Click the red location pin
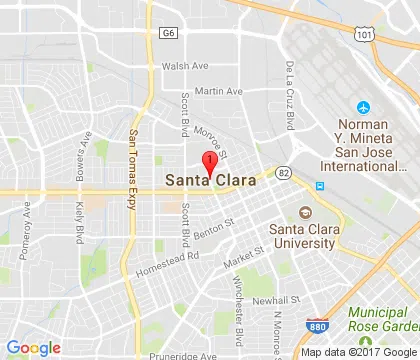point(209,163)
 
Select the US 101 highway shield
point(364,35)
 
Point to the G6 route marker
point(167,33)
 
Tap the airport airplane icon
point(360,107)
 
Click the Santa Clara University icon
point(304,212)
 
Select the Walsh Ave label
point(185,66)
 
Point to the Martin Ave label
point(219,91)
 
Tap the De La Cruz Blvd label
point(291,95)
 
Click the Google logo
point(33,347)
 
